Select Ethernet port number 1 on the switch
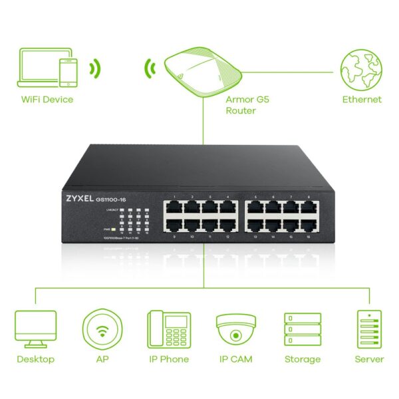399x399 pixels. click(x=174, y=208)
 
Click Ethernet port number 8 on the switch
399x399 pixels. click(x=309, y=208)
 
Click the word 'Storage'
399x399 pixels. click(x=303, y=359)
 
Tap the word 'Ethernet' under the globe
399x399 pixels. click(x=362, y=100)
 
